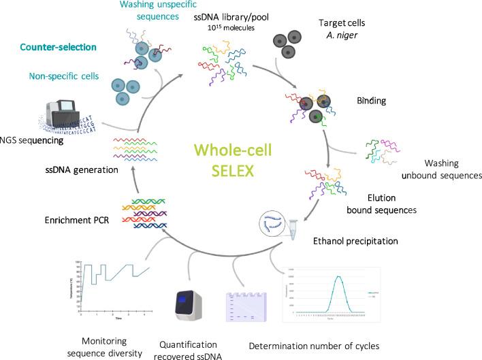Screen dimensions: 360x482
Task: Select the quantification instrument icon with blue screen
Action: point(187,301)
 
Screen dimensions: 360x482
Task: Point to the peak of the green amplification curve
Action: point(340,276)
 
